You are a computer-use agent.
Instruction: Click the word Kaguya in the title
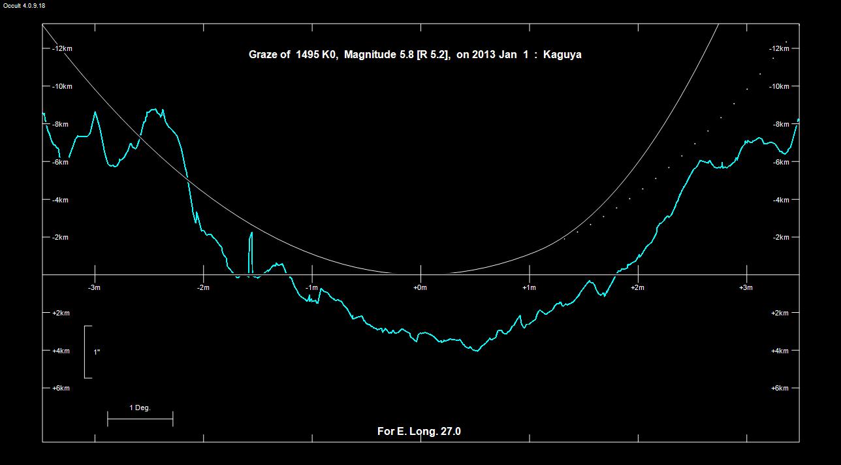562,55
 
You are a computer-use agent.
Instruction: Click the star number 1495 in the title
308,55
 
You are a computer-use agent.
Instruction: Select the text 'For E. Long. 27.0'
419,431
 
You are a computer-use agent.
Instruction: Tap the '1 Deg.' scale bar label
140,408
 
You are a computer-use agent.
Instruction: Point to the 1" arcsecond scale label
97,352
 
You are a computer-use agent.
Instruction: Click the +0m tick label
420,287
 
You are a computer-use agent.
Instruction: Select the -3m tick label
95,287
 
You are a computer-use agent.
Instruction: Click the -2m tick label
203,287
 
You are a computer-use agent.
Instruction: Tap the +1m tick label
529,287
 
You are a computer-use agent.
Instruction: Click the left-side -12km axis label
62,49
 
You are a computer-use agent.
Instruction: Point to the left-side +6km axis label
60,389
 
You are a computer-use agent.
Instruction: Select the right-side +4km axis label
780,351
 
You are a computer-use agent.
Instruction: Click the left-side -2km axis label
60,238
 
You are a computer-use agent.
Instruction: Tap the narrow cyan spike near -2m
251,251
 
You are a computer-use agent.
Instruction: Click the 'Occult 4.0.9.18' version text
24,6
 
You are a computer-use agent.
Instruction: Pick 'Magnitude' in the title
370,55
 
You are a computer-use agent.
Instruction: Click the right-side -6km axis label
780,163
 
